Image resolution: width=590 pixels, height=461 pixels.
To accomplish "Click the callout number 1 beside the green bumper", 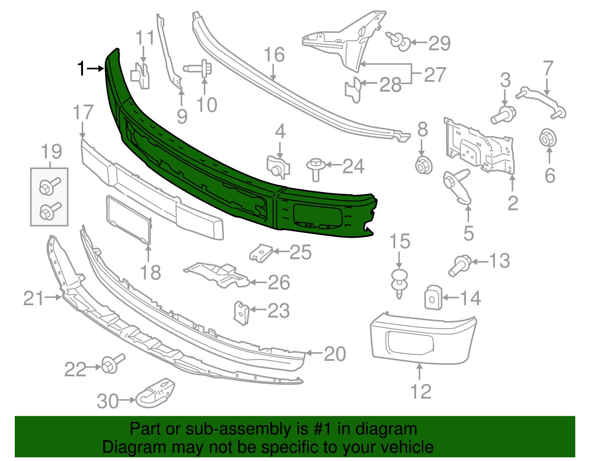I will point(81,69).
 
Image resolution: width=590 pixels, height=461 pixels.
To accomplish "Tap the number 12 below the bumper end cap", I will point(420,392).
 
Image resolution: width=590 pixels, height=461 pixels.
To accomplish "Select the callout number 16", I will point(274,55).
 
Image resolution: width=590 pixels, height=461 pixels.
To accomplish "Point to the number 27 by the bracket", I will point(435,75).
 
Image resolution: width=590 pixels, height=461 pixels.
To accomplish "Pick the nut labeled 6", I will point(548,139).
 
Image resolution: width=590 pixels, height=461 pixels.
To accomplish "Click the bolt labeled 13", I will point(459,265).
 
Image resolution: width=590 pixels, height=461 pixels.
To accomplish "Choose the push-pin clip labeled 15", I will point(399,282).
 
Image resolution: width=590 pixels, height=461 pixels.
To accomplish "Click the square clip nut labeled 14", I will point(433,297).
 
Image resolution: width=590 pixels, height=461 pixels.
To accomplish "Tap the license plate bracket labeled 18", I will point(129,220).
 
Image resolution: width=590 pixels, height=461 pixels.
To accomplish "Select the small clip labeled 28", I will point(353,90).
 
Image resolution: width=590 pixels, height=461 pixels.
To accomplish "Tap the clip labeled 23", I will point(241,313).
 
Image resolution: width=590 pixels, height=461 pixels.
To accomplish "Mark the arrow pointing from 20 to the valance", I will point(313,353).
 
